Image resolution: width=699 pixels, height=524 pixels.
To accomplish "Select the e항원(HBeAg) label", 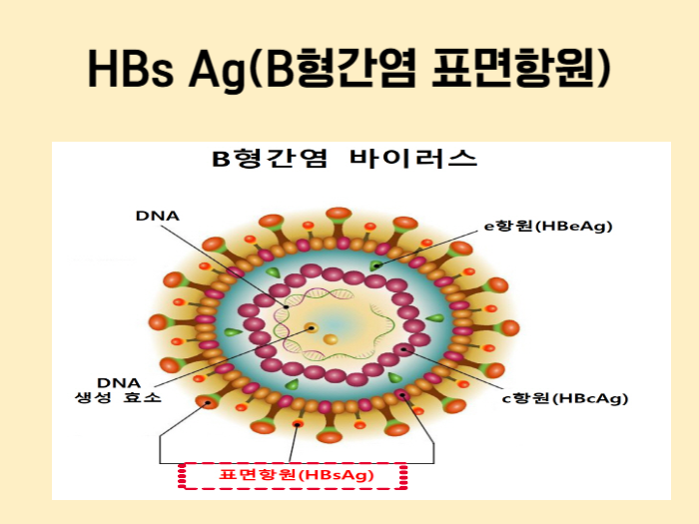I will (548, 226).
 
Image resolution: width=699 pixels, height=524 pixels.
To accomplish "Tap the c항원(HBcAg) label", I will (564, 398).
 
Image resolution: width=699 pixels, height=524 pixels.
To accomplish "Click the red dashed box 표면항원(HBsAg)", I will (293, 476).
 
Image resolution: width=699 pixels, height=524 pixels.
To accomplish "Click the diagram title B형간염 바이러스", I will (344, 159).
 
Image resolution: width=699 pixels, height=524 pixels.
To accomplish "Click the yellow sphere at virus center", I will (330, 340).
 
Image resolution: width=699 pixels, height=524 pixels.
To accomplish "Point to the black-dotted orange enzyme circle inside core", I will (312, 327).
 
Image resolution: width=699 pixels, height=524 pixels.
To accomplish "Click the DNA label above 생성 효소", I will (118, 381).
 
